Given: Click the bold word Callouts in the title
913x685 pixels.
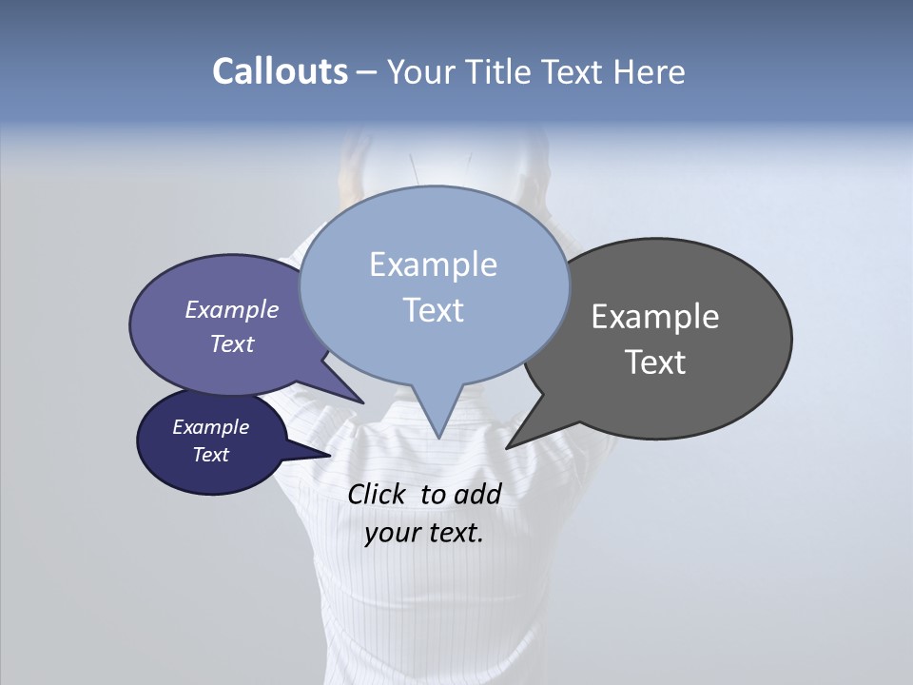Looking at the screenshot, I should (x=280, y=71).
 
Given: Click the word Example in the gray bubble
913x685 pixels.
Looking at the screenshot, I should (x=655, y=317).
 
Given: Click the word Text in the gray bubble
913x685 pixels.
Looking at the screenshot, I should (x=655, y=362).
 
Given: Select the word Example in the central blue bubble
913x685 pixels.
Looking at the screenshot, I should (x=433, y=264).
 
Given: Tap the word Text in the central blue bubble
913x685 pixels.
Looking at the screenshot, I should (x=433, y=310).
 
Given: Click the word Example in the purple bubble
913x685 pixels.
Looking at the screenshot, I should (x=231, y=309).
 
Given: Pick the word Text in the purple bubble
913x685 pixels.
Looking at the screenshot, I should (x=231, y=343).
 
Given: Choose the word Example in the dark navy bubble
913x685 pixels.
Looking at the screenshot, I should (x=210, y=427).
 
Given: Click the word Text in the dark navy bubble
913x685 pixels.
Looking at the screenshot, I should (x=210, y=455).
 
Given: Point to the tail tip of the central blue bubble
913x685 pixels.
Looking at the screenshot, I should (x=438, y=437).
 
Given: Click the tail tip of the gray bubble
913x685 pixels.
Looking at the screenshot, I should (x=508, y=446).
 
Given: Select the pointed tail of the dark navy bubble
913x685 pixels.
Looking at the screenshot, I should (x=328, y=455).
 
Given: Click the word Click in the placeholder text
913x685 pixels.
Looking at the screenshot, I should (x=379, y=494).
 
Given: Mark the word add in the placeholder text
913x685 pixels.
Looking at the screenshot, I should (x=477, y=494).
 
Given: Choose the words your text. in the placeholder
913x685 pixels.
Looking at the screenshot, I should (x=423, y=534).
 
